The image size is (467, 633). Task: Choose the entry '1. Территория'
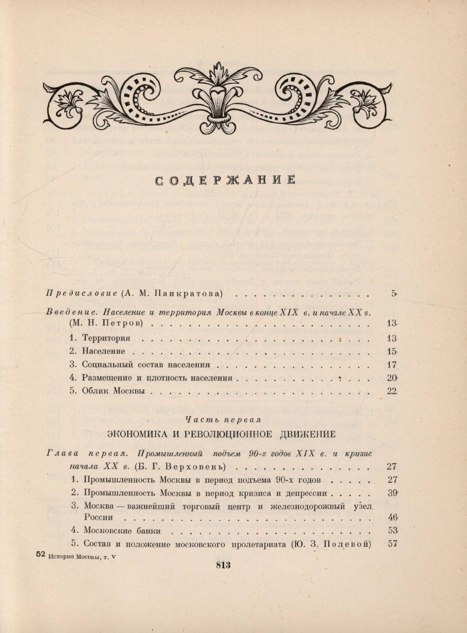(x=100, y=338)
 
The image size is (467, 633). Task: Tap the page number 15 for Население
(x=391, y=351)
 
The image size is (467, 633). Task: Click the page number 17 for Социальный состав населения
(x=391, y=364)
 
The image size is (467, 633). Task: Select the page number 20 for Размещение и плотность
(x=391, y=378)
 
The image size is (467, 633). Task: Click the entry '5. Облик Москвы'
(x=108, y=391)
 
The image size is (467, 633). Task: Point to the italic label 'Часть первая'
(x=223, y=419)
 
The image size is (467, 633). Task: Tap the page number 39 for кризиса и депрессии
(x=391, y=493)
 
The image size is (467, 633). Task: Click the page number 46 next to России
(x=391, y=517)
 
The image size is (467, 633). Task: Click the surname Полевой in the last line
(x=346, y=544)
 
